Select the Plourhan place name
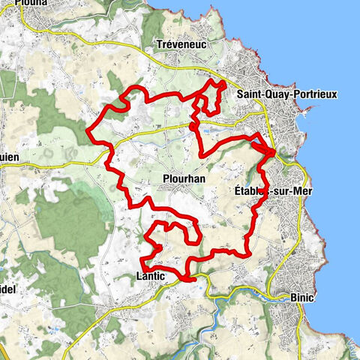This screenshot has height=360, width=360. (x=183, y=179)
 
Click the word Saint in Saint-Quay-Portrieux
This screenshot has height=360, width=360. (x=248, y=95)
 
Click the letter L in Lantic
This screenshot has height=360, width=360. (x=139, y=277)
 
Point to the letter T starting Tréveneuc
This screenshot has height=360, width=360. (x=160, y=45)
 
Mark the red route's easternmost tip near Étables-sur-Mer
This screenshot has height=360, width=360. (x=274, y=153)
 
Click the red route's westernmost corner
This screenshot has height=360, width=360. (x=88, y=133)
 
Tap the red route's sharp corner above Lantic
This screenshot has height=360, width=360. (x=142, y=259)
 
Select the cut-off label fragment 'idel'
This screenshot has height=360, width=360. (x=8, y=289)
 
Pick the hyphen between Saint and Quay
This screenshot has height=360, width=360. (x=262, y=95)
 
